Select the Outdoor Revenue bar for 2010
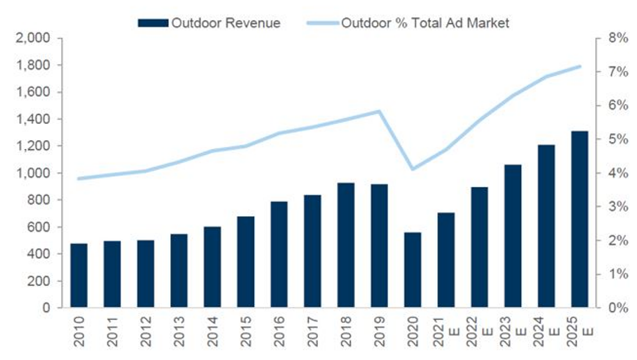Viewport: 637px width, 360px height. pyautogui.click(x=79, y=276)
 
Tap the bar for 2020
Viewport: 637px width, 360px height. pyautogui.click(x=413, y=270)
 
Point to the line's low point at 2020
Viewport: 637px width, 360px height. pyautogui.click(x=413, y=169)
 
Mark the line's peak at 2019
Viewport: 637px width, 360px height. pyautogui.click(x=380, y=111)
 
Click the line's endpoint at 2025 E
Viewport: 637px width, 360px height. pyautogui.click(x=579, y=66)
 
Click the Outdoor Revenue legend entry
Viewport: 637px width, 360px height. pyautogui.click(x=209, y=23)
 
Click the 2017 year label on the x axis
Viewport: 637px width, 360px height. pyautogui.click(x=313, y=333)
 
